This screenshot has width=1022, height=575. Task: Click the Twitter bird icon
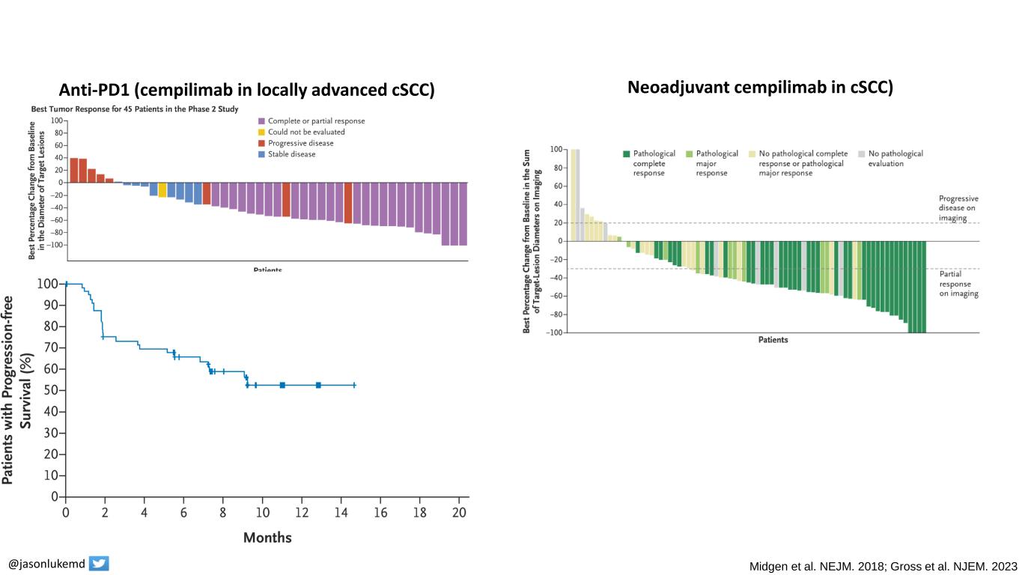click(99, 564)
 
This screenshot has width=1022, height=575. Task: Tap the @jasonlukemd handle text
click(46, 564)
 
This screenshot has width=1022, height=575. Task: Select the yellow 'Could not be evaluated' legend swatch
click(261, 132)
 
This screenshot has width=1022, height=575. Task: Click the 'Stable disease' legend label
click(291, 154)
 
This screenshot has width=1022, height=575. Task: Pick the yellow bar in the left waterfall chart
click(162, 189)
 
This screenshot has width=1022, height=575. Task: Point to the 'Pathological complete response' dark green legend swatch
click(626, 153)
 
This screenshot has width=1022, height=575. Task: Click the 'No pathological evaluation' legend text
click(895, 158)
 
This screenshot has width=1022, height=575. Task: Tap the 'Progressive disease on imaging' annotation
click(958, 208)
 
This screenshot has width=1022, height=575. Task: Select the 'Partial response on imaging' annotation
click(958, 284)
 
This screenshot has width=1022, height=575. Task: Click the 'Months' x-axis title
click(267, 538)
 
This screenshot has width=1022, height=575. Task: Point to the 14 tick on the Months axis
click(341, 513)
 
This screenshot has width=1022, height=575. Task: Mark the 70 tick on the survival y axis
click(51, 347)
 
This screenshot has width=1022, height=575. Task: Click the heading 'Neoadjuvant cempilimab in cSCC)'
click(760, 88)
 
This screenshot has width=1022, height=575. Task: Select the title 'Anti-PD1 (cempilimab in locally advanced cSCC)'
click(247, 90)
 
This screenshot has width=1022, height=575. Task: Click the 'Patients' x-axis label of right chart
click(773, 340)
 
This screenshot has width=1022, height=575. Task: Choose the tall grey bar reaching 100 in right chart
click(577, 195)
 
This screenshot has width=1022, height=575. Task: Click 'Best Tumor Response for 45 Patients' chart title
click(135, 109)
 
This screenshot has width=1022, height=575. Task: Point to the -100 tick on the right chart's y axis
click(555, 332)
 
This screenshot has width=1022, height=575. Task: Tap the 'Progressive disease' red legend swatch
click(261, 143)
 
